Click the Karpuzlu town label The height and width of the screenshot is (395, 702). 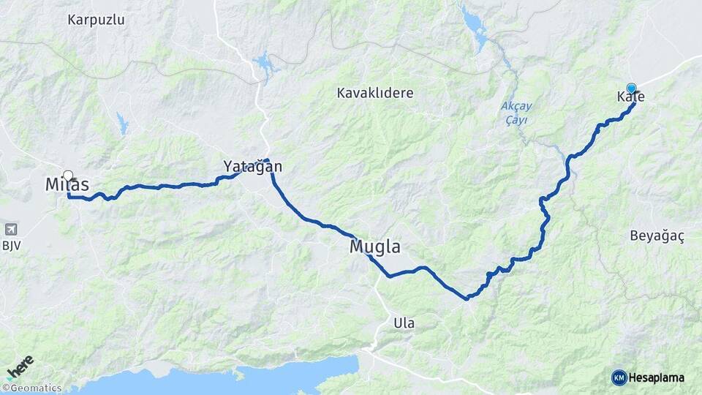point(96,20)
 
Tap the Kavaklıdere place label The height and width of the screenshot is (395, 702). point(375,93)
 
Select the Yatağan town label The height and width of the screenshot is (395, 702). point(253,167)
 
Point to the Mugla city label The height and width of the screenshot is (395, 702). point(375,247)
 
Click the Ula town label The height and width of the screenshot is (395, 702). point(404,323)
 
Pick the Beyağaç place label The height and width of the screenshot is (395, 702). point(657,236)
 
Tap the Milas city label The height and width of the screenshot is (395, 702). point(67,184)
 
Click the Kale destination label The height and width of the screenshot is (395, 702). point(630,97)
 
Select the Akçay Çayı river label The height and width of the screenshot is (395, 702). point(516,113)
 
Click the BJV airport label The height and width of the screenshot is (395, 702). point(11,246)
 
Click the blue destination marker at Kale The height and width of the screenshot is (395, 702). point(631,88)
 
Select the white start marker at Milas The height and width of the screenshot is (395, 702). point(68,176)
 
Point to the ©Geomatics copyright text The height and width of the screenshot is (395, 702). point(31,388)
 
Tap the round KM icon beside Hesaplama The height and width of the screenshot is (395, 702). point(619,377)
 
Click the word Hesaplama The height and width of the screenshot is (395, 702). point(656,377)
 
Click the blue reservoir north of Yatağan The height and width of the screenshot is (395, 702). point(265,65)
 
